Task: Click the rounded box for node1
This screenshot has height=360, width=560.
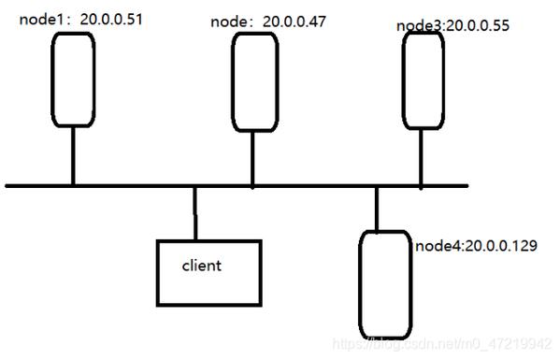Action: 72,92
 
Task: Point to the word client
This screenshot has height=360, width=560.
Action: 201,266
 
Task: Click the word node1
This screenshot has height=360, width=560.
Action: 41,18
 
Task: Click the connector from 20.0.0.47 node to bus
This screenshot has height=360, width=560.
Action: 251,157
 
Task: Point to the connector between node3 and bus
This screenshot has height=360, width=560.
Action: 421,156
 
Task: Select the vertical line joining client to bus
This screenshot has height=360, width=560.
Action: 196,213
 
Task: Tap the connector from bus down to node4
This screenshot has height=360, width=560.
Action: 376,207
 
